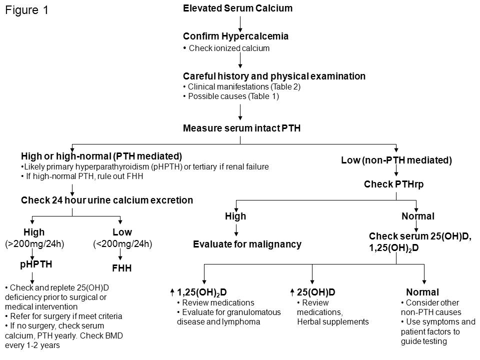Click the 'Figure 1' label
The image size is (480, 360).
[27, 10]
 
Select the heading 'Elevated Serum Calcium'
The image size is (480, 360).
[237, 8]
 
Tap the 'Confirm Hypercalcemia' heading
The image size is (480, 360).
[235, 36]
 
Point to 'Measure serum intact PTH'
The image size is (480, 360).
[241, 128]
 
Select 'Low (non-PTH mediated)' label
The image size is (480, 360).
[396, 160]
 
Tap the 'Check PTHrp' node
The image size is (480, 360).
[396, 184]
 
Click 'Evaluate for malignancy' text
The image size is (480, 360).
[247, 244]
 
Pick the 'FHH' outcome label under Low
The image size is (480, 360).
[122, 268]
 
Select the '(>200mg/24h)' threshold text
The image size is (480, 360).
[34, 244]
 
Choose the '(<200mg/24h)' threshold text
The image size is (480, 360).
[122, 244]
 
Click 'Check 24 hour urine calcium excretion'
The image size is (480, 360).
[106, 200]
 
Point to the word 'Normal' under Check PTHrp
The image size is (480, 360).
[418, 216]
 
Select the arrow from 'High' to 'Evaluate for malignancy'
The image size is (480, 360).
[236, 230]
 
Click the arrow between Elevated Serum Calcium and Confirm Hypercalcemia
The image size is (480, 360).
[240, 22]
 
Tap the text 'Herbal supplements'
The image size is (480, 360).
[332, 321]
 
